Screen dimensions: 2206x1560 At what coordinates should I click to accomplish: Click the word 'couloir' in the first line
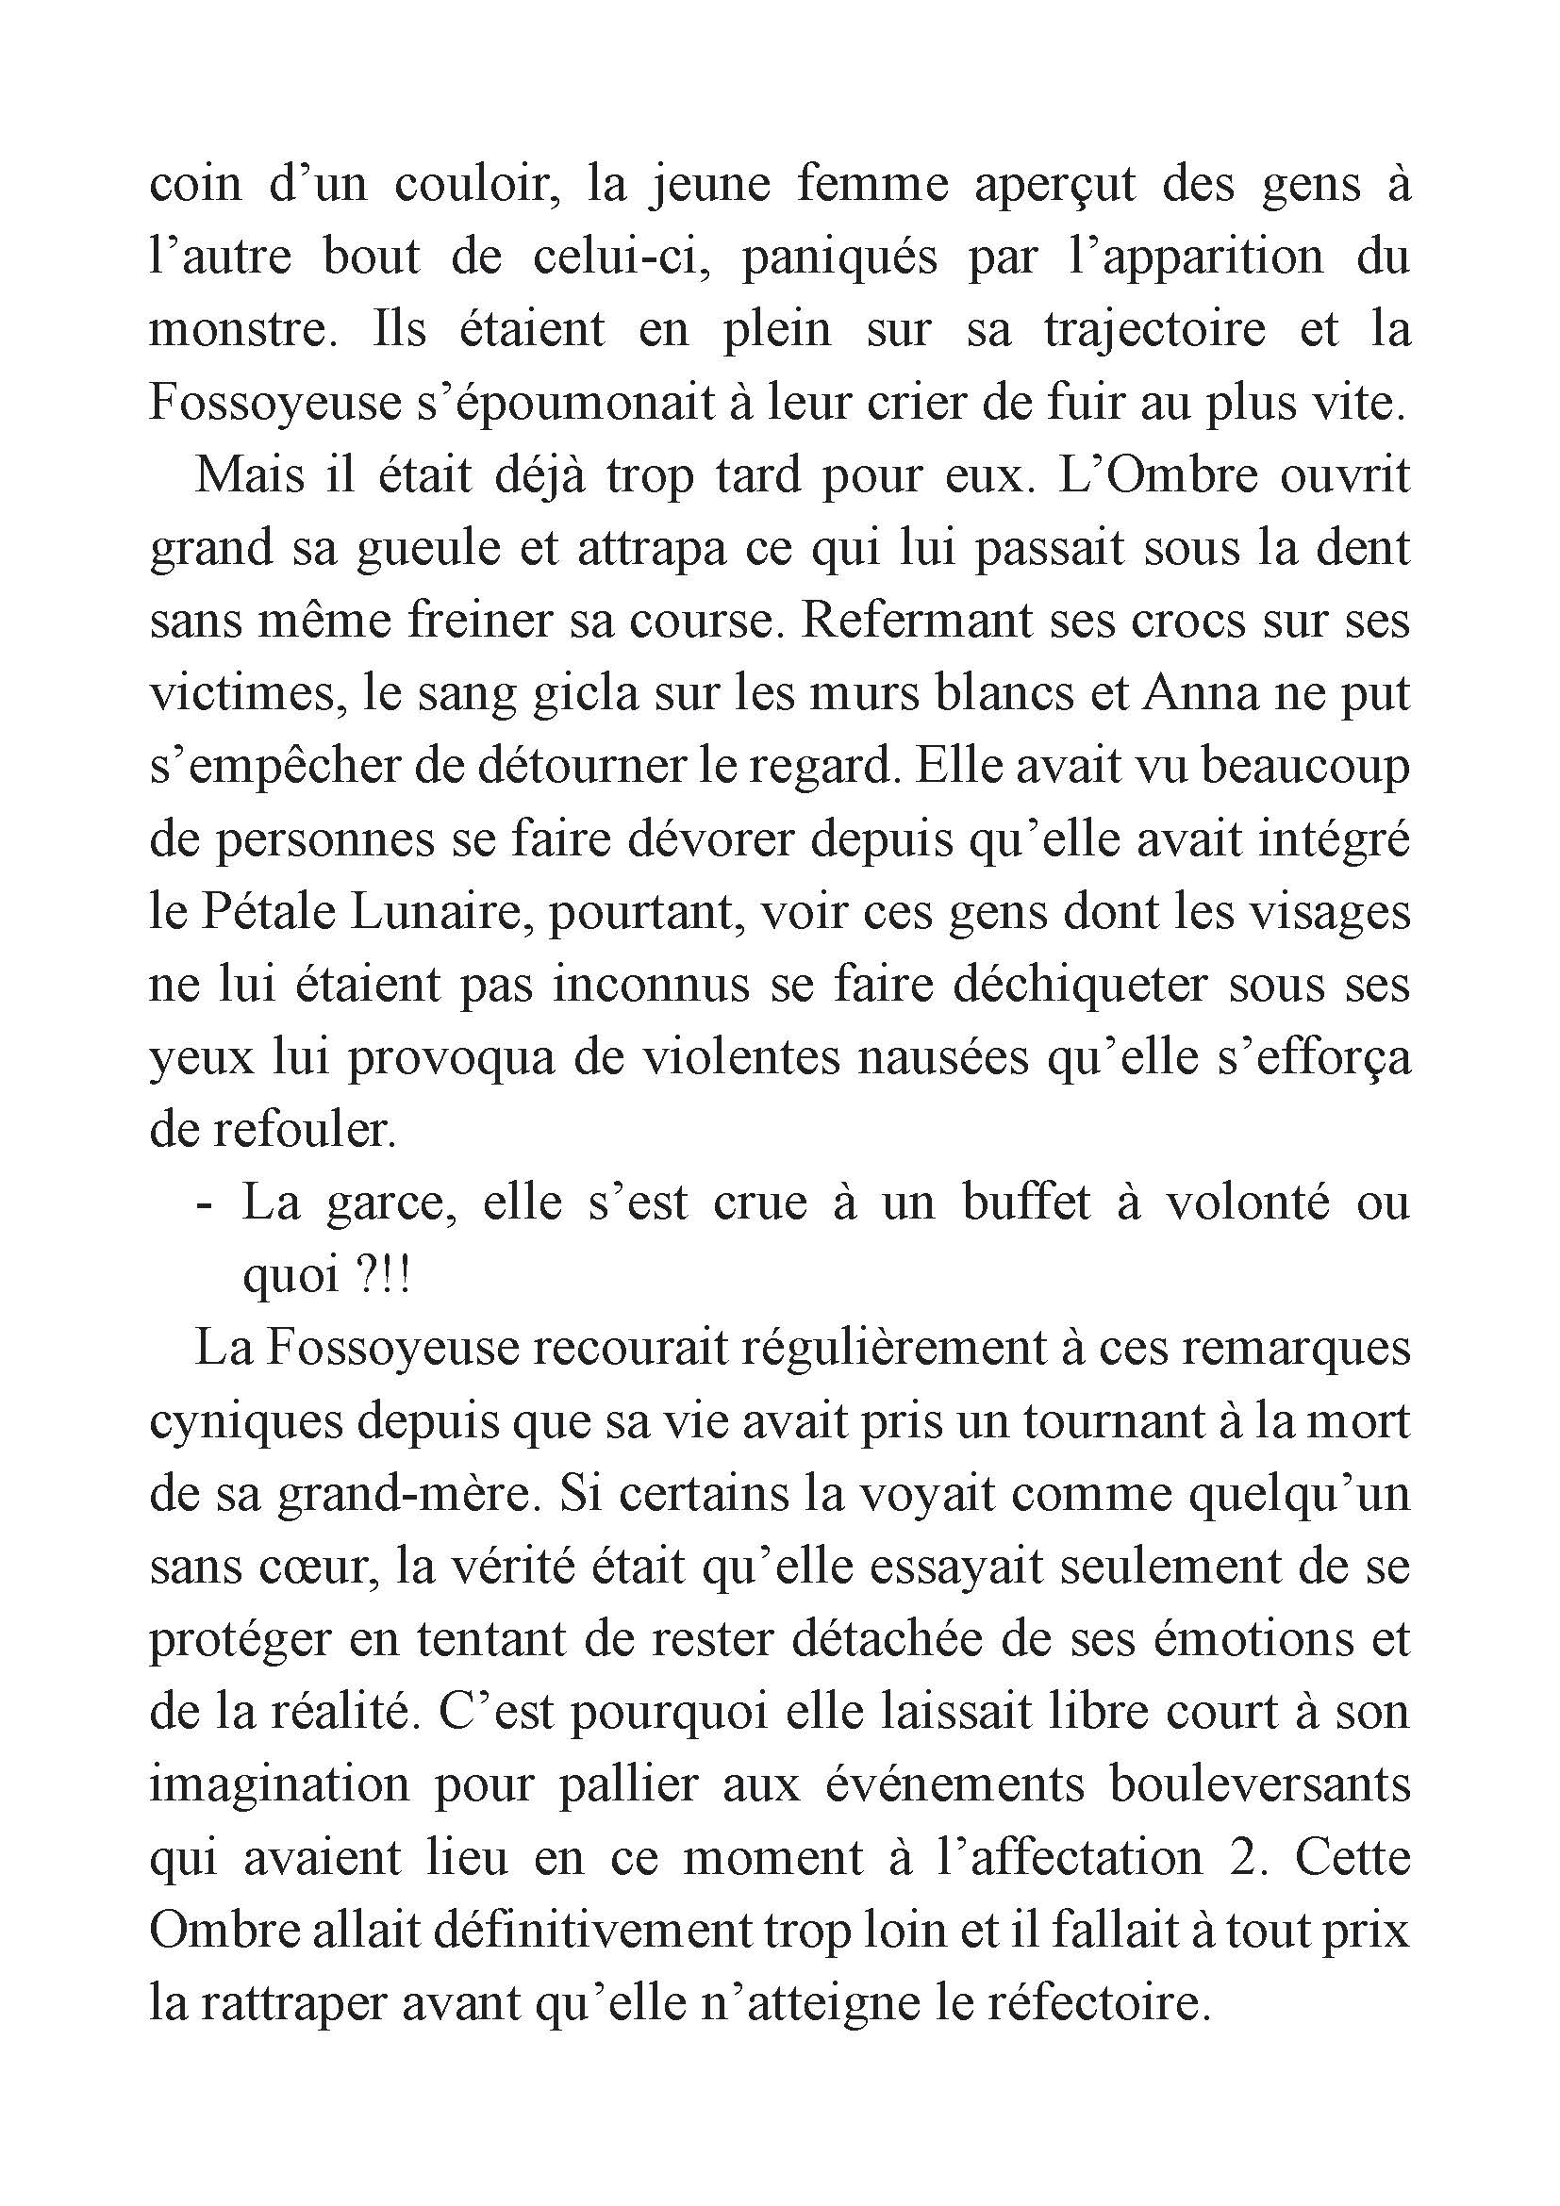(477, 185)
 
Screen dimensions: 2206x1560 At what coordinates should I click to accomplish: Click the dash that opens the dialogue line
(203, 1204)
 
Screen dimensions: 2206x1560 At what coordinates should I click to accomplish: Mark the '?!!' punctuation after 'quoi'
(384, 1276)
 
